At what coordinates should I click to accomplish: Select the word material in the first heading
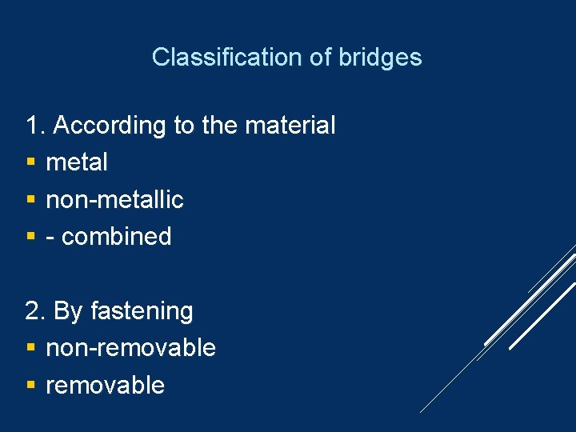[290, 126]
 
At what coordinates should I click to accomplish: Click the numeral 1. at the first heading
[37, 126]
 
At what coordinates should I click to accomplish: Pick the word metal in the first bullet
[77, 162]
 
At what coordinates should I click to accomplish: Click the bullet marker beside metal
[30, 163]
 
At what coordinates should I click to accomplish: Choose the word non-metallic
[114, 199]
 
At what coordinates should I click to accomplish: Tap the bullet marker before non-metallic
[30, 200]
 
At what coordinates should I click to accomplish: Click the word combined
[117, 237]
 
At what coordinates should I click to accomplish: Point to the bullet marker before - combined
[30, 238]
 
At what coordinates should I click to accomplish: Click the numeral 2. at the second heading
[37, 310]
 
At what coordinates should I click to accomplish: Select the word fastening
[142, 310]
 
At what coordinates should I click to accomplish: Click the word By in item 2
[68, 311]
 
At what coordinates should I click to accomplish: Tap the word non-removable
[130, 348]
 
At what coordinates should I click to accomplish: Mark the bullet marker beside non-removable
[30, 349]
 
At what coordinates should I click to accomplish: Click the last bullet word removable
[105, 385]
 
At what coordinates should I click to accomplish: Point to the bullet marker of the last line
[30, 386]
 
